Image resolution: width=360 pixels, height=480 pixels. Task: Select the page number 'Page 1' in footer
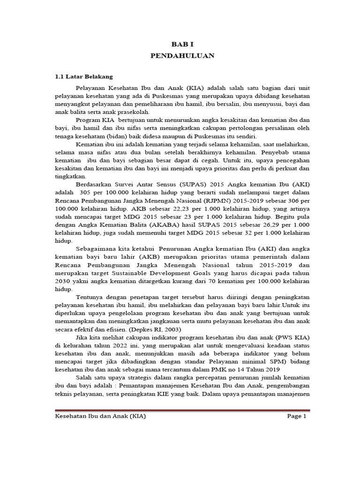click(296, 416)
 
